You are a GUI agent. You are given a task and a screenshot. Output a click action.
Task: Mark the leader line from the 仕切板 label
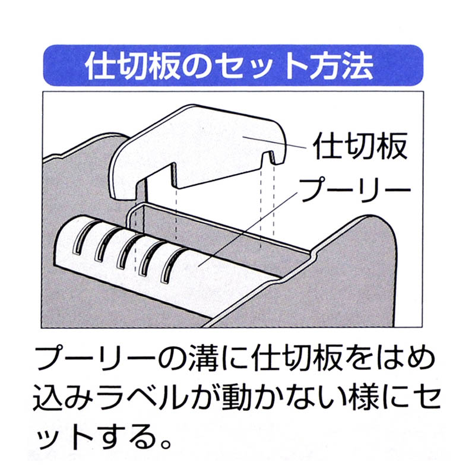278,142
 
